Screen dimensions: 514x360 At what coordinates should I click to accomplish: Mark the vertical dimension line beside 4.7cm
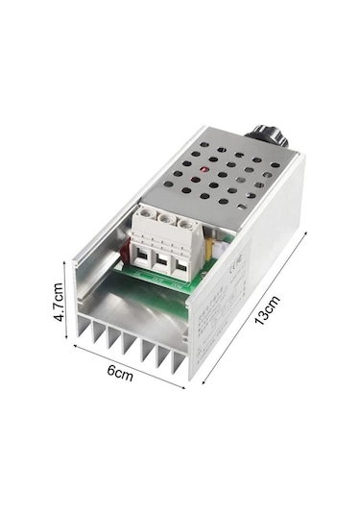pyautogui.click(x=72, y=298)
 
